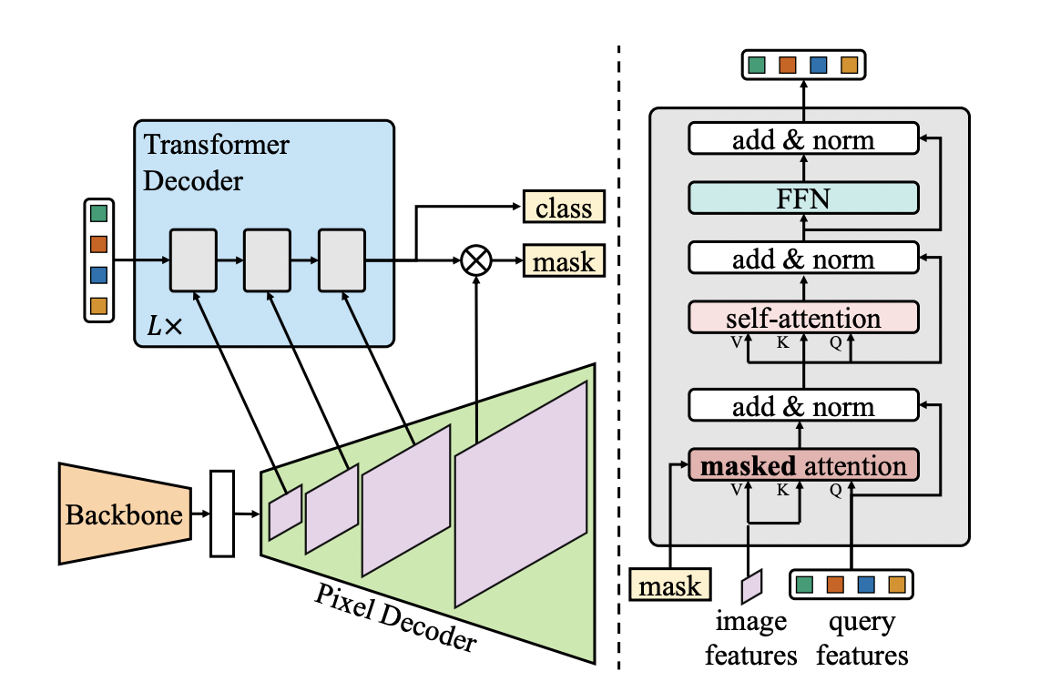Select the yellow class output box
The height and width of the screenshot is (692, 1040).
pos(564,209)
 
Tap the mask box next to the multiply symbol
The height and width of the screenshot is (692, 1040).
pos(564,262)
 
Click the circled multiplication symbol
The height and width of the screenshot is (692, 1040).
pos(475,261)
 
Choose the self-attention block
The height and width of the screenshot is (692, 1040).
pos(802,319)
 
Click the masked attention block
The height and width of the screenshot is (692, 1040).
pos(802,466)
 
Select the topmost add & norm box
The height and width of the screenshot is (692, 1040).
pos(802,140)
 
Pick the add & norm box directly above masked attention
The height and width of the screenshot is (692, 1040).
pos(802,406)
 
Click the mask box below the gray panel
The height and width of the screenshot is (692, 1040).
pos(670,585)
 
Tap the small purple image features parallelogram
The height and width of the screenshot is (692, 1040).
pos(750,585)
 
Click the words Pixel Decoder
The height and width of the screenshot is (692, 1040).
pos(395,618)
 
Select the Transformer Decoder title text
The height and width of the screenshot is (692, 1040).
pos(217,162)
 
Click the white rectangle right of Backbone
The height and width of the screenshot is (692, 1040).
pos(222,513)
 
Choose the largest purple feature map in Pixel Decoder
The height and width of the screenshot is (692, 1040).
pos(521,494)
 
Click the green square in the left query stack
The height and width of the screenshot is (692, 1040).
pos(99,214)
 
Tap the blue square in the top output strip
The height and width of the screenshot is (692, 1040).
pos(819,66)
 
